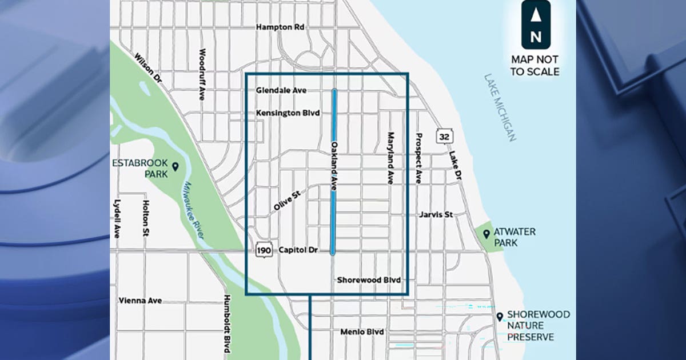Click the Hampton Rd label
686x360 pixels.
(x=281, y=27)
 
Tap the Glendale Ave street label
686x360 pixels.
(x=281, y=91)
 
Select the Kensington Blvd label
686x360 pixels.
(x=287, y=113)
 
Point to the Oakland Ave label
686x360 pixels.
(x=333, y=166)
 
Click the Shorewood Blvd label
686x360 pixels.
(x=369, y=280)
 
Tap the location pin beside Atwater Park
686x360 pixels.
(x=486, y=234)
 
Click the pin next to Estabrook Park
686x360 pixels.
(x=176, y=166)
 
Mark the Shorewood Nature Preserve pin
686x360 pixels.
(x=500, y=316)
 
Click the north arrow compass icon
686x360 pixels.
(x=536, y=25)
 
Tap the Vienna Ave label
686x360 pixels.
(x=140, y=301)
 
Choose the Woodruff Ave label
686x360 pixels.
(x=201, y=75)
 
